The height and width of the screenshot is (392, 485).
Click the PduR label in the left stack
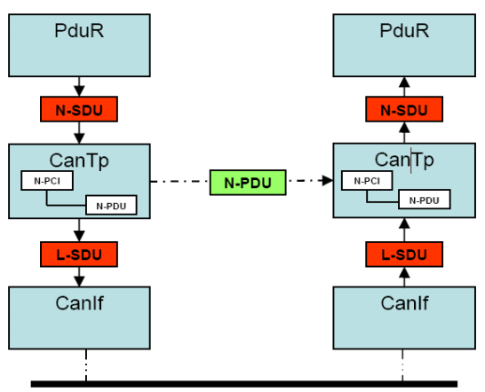(x=79, y=32)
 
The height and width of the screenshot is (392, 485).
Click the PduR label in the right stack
(x=403, y=32)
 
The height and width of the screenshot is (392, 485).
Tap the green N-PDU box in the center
(x=246, y=183)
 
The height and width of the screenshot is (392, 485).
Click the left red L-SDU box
(x=79, y=255)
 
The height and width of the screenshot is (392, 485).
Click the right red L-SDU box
(x=403, y=255)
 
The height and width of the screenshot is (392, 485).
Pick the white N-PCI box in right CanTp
(x=367, y=181)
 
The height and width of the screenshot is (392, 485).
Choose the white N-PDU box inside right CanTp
(x=424, y=200)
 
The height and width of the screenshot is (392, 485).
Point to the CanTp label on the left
(x=79, y=159)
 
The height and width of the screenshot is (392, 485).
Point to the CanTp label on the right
(x=404, y=159)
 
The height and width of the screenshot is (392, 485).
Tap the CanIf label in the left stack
(x=79, y=302)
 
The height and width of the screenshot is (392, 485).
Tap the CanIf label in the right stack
(x=404, y=302)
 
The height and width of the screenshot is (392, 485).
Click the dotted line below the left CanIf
(x=86, y=364)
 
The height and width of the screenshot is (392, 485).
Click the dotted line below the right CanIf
(x=403, y=364)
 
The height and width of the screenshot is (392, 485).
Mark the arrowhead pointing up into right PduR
(x=403, y=83)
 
